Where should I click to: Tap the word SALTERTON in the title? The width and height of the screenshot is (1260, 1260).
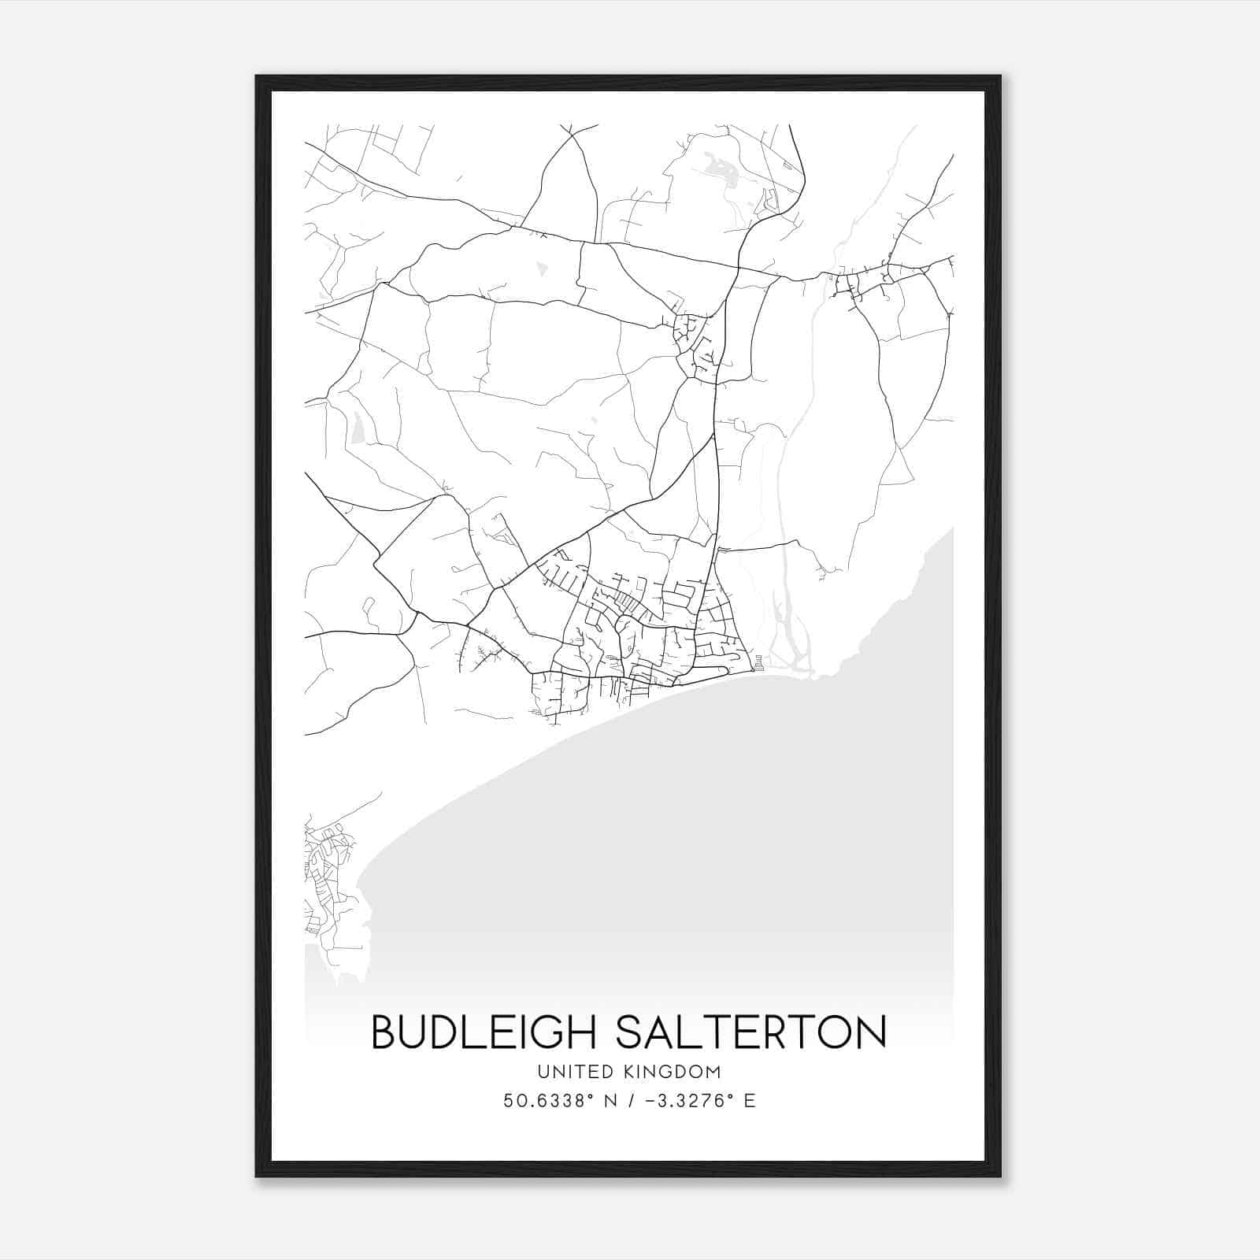coord(750,1032)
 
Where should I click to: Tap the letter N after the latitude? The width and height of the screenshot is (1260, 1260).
coord(610,1101)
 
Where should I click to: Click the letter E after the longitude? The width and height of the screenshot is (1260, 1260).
coord(750,1101)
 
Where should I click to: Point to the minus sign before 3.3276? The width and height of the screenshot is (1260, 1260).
coord(650,1101)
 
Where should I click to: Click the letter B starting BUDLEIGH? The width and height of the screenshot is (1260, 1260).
coord(383,1032)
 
